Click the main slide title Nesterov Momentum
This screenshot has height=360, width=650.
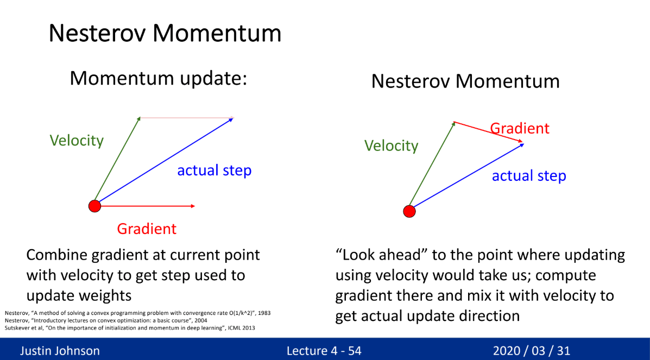165,33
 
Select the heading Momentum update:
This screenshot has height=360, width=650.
159,78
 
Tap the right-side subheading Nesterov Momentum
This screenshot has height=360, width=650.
465,81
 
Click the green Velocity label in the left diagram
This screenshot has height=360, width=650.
77,141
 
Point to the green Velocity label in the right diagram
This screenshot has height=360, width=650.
392,146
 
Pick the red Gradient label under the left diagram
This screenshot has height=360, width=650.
147,229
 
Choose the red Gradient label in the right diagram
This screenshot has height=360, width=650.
520,128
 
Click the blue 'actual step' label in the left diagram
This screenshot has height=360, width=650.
214,170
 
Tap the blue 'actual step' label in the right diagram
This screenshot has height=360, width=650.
529,176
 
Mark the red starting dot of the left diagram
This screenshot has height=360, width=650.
95,206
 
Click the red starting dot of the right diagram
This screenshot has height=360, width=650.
409,211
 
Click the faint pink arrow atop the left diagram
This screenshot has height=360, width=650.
187,118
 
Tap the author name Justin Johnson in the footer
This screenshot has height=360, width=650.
60,351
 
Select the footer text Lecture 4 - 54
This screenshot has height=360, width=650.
324,351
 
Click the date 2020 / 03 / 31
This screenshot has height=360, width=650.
532,351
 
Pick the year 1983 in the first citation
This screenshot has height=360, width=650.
264,313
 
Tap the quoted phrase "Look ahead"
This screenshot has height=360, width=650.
381,255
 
